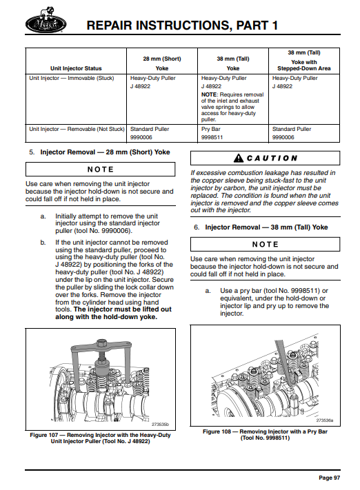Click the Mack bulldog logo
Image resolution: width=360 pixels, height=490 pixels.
(x=46, y=21)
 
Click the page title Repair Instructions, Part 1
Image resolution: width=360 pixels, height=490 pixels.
(x=182, y=25)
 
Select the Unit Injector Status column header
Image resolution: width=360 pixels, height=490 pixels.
(x=76, y=68)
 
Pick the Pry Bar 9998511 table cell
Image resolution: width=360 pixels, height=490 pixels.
(x=212, y=133)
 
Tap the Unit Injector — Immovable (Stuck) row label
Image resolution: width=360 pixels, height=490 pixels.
(x=72, y=78)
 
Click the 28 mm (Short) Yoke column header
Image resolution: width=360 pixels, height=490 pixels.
(x=162, y=63)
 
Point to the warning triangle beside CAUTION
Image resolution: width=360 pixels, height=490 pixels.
(x=239, y=158)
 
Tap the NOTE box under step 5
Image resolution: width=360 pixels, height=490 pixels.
(x=101, y=170)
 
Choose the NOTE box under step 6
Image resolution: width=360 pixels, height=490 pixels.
(x=266, y=245)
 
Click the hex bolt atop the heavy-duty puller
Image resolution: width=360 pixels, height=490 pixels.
(x=101, y=344)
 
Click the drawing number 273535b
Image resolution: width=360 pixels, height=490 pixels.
(x=160, y=425)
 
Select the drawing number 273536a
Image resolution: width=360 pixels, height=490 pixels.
(x=325, y=420)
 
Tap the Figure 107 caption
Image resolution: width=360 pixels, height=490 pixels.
(x=101, y=438)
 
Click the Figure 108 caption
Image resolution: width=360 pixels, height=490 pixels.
(x=266, y=435)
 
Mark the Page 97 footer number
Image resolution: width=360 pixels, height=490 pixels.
(x=330, y=478)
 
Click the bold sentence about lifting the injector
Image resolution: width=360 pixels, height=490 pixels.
(x=114, y=313)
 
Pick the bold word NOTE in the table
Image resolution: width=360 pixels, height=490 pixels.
(x=209, y=94)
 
